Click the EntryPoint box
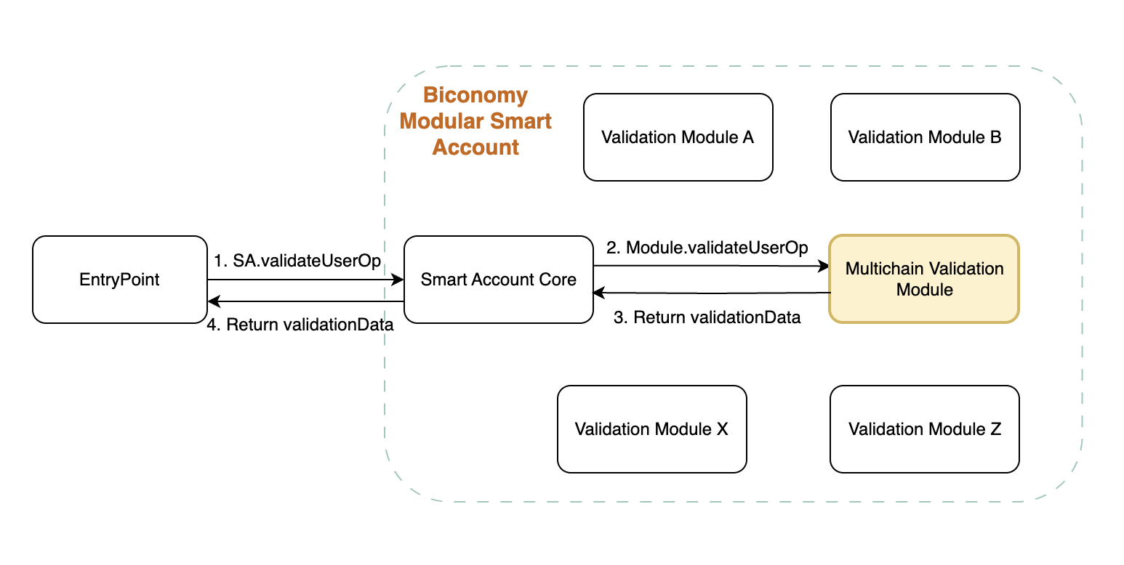pos(120,280)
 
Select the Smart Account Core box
pos(498,280)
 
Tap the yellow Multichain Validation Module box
pos(924,279)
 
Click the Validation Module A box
pos(678,137)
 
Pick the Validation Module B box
pos(925,137)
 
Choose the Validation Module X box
pos(651,429)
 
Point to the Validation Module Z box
pos(924,429)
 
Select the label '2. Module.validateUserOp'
pos(707,248)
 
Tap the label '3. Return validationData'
pos(707,317)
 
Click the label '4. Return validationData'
pos(300,325)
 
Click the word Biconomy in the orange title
pos(475,95)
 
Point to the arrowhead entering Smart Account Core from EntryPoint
pos(399,280)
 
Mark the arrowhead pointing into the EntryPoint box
pos(212,301)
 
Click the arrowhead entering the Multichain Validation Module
pos(824,267)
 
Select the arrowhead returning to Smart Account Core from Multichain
pos(598,293)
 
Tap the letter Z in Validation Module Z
pos(995,429)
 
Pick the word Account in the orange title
pos(475,147)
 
